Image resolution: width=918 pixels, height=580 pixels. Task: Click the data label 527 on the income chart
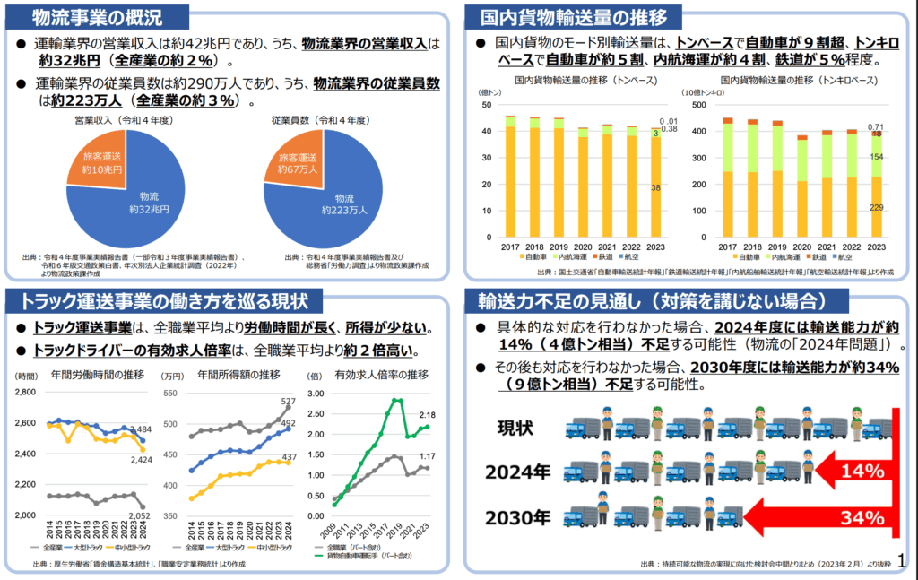coord(289,401)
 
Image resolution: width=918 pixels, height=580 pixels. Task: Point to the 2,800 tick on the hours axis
coord(24,392)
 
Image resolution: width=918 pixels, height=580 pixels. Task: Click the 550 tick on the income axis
coord(173,392)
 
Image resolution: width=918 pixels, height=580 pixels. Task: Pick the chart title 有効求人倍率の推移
coord(380,374)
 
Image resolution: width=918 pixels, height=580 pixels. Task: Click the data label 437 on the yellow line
coord(289,457)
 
